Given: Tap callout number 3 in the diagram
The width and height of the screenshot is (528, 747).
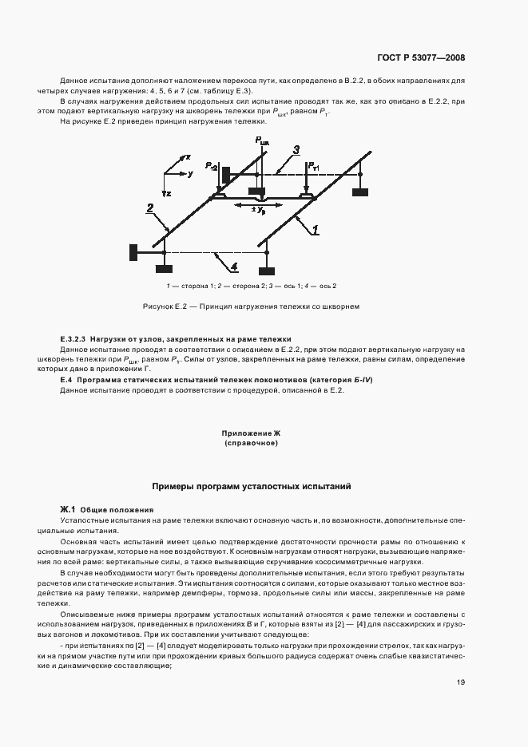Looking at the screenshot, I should coord(296,150).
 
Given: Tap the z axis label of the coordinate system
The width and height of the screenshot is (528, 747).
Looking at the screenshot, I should coord(169,194).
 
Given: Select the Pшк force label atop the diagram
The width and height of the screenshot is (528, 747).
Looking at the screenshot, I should coord(262,141).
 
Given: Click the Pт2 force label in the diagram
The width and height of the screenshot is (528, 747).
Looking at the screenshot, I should coord(210,166).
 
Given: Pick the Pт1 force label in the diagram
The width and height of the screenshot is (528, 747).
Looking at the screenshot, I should coord(316,166).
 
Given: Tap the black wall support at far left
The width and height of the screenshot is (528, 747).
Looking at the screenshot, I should coord(133,252).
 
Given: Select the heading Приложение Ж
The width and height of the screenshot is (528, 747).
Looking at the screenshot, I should coord(251,433).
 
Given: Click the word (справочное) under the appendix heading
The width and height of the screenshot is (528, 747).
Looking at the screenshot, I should coord(251,442).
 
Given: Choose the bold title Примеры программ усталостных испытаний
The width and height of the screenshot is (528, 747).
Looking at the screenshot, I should coord(252,486).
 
